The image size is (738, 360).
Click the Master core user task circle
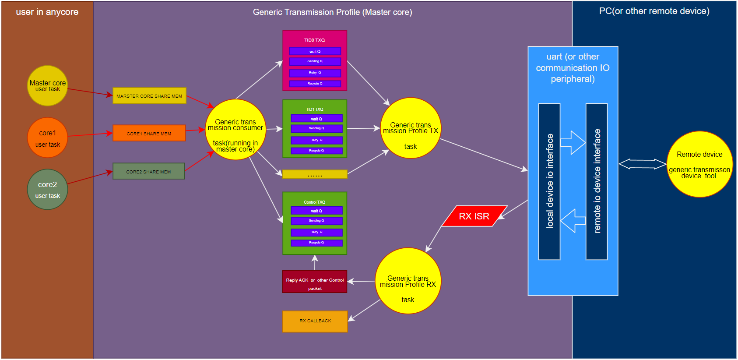tap(47, 86)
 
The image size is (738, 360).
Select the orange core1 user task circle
tap(47, 138)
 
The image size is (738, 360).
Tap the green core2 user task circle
tap(47, 189)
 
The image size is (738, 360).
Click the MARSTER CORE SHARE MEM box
tap(149, 96)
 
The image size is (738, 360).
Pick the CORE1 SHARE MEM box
tap(149, 134)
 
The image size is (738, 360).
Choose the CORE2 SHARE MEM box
tap(148, 172)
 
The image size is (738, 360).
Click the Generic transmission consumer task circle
tap(235, 130)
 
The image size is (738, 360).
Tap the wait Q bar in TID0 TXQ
tap(315, 52)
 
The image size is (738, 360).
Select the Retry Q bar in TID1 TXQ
tap(316, 140)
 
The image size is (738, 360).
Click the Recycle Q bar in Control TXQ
tap(316, 243)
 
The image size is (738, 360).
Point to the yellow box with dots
tap(315, 174)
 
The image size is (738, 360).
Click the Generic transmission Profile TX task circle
tap(411, 128)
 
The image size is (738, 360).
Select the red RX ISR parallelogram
tap(474, 216)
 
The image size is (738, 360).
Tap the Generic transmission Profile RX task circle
tap(408, 281)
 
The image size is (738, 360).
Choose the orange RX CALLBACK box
tap(315, 321)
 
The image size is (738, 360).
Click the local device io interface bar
tap(549, 181)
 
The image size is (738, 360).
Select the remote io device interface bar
tap(597, 181)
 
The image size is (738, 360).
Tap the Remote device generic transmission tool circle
tap(699, 164)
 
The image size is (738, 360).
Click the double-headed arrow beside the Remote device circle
tap(642, 164)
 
